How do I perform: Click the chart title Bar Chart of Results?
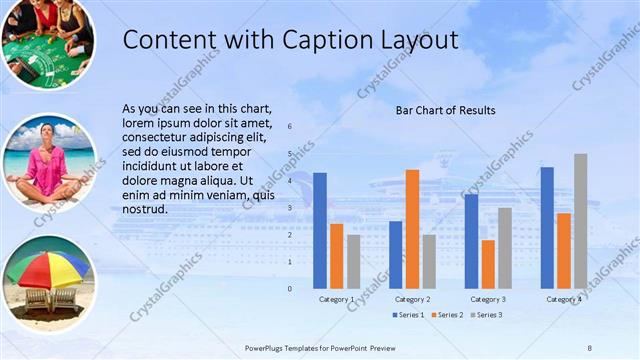[445, 110]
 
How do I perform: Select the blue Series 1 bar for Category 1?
[320, 230]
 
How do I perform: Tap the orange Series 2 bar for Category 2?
[412, 229]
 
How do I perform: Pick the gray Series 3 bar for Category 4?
[581, 221]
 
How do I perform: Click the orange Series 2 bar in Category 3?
[488, 264]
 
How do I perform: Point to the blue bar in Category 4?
[547, 227]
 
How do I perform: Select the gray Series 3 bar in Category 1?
[354, 261]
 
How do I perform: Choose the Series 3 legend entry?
[484, 315]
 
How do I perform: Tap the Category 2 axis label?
[412, 299]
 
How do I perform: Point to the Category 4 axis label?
[563, 299]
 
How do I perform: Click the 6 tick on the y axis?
[289, 127]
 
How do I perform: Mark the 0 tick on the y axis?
[289, 288]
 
